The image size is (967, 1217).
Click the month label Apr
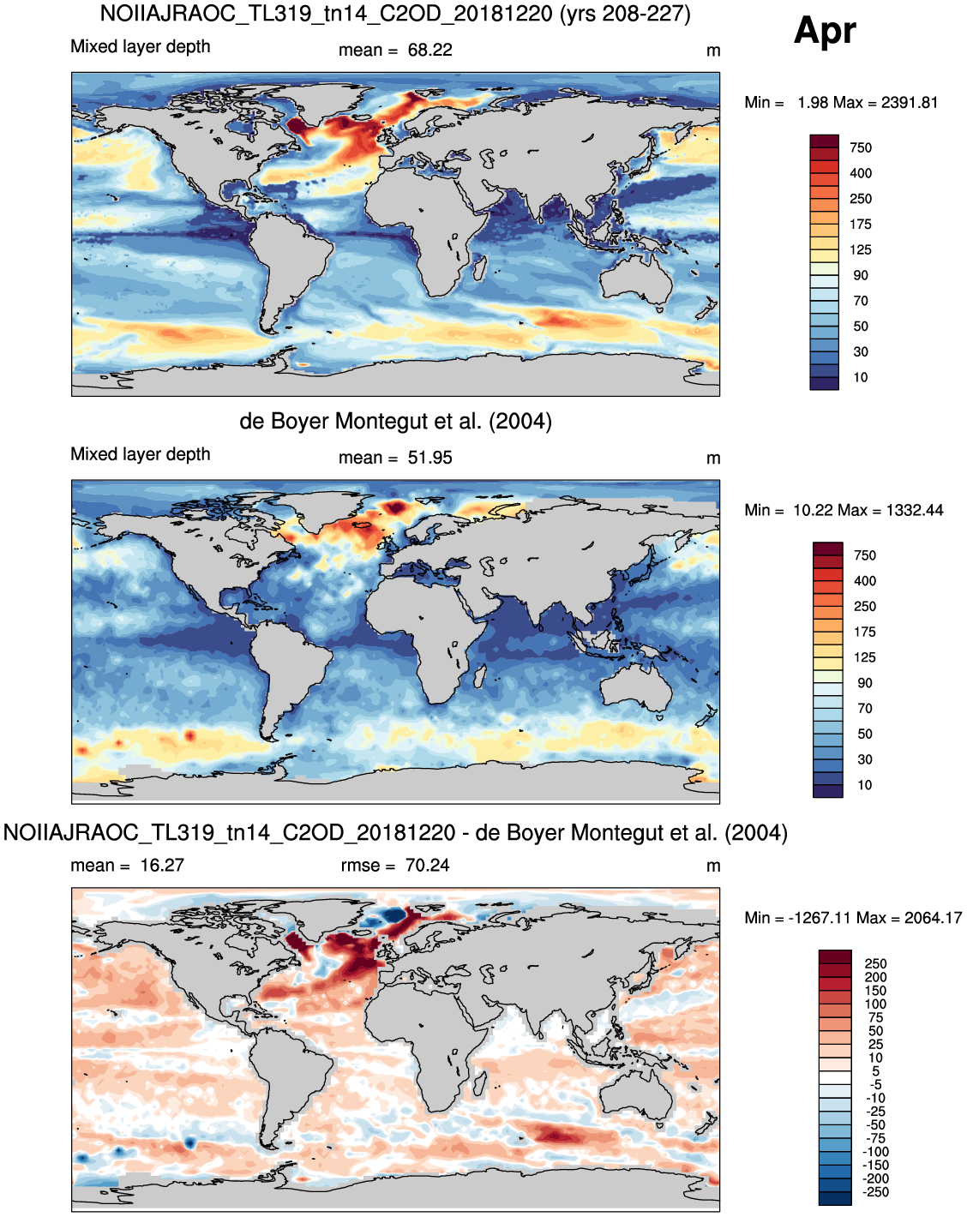coord(825,32)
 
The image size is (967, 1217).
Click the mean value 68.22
coord(430,51)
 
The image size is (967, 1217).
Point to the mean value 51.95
coord(430,458)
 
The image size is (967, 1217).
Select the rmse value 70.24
coord(427,866)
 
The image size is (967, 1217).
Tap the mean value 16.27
coord(162,866)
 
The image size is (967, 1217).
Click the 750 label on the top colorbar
coord(861,148)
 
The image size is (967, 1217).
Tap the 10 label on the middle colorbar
coord(865,785)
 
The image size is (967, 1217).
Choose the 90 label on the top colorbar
coord(861,275)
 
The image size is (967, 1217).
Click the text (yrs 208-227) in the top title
coord(625,14)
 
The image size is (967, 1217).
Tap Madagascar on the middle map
coord(480,675)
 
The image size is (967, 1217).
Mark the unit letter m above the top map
coord(713,51)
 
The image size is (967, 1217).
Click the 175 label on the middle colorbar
coord(865,632)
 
